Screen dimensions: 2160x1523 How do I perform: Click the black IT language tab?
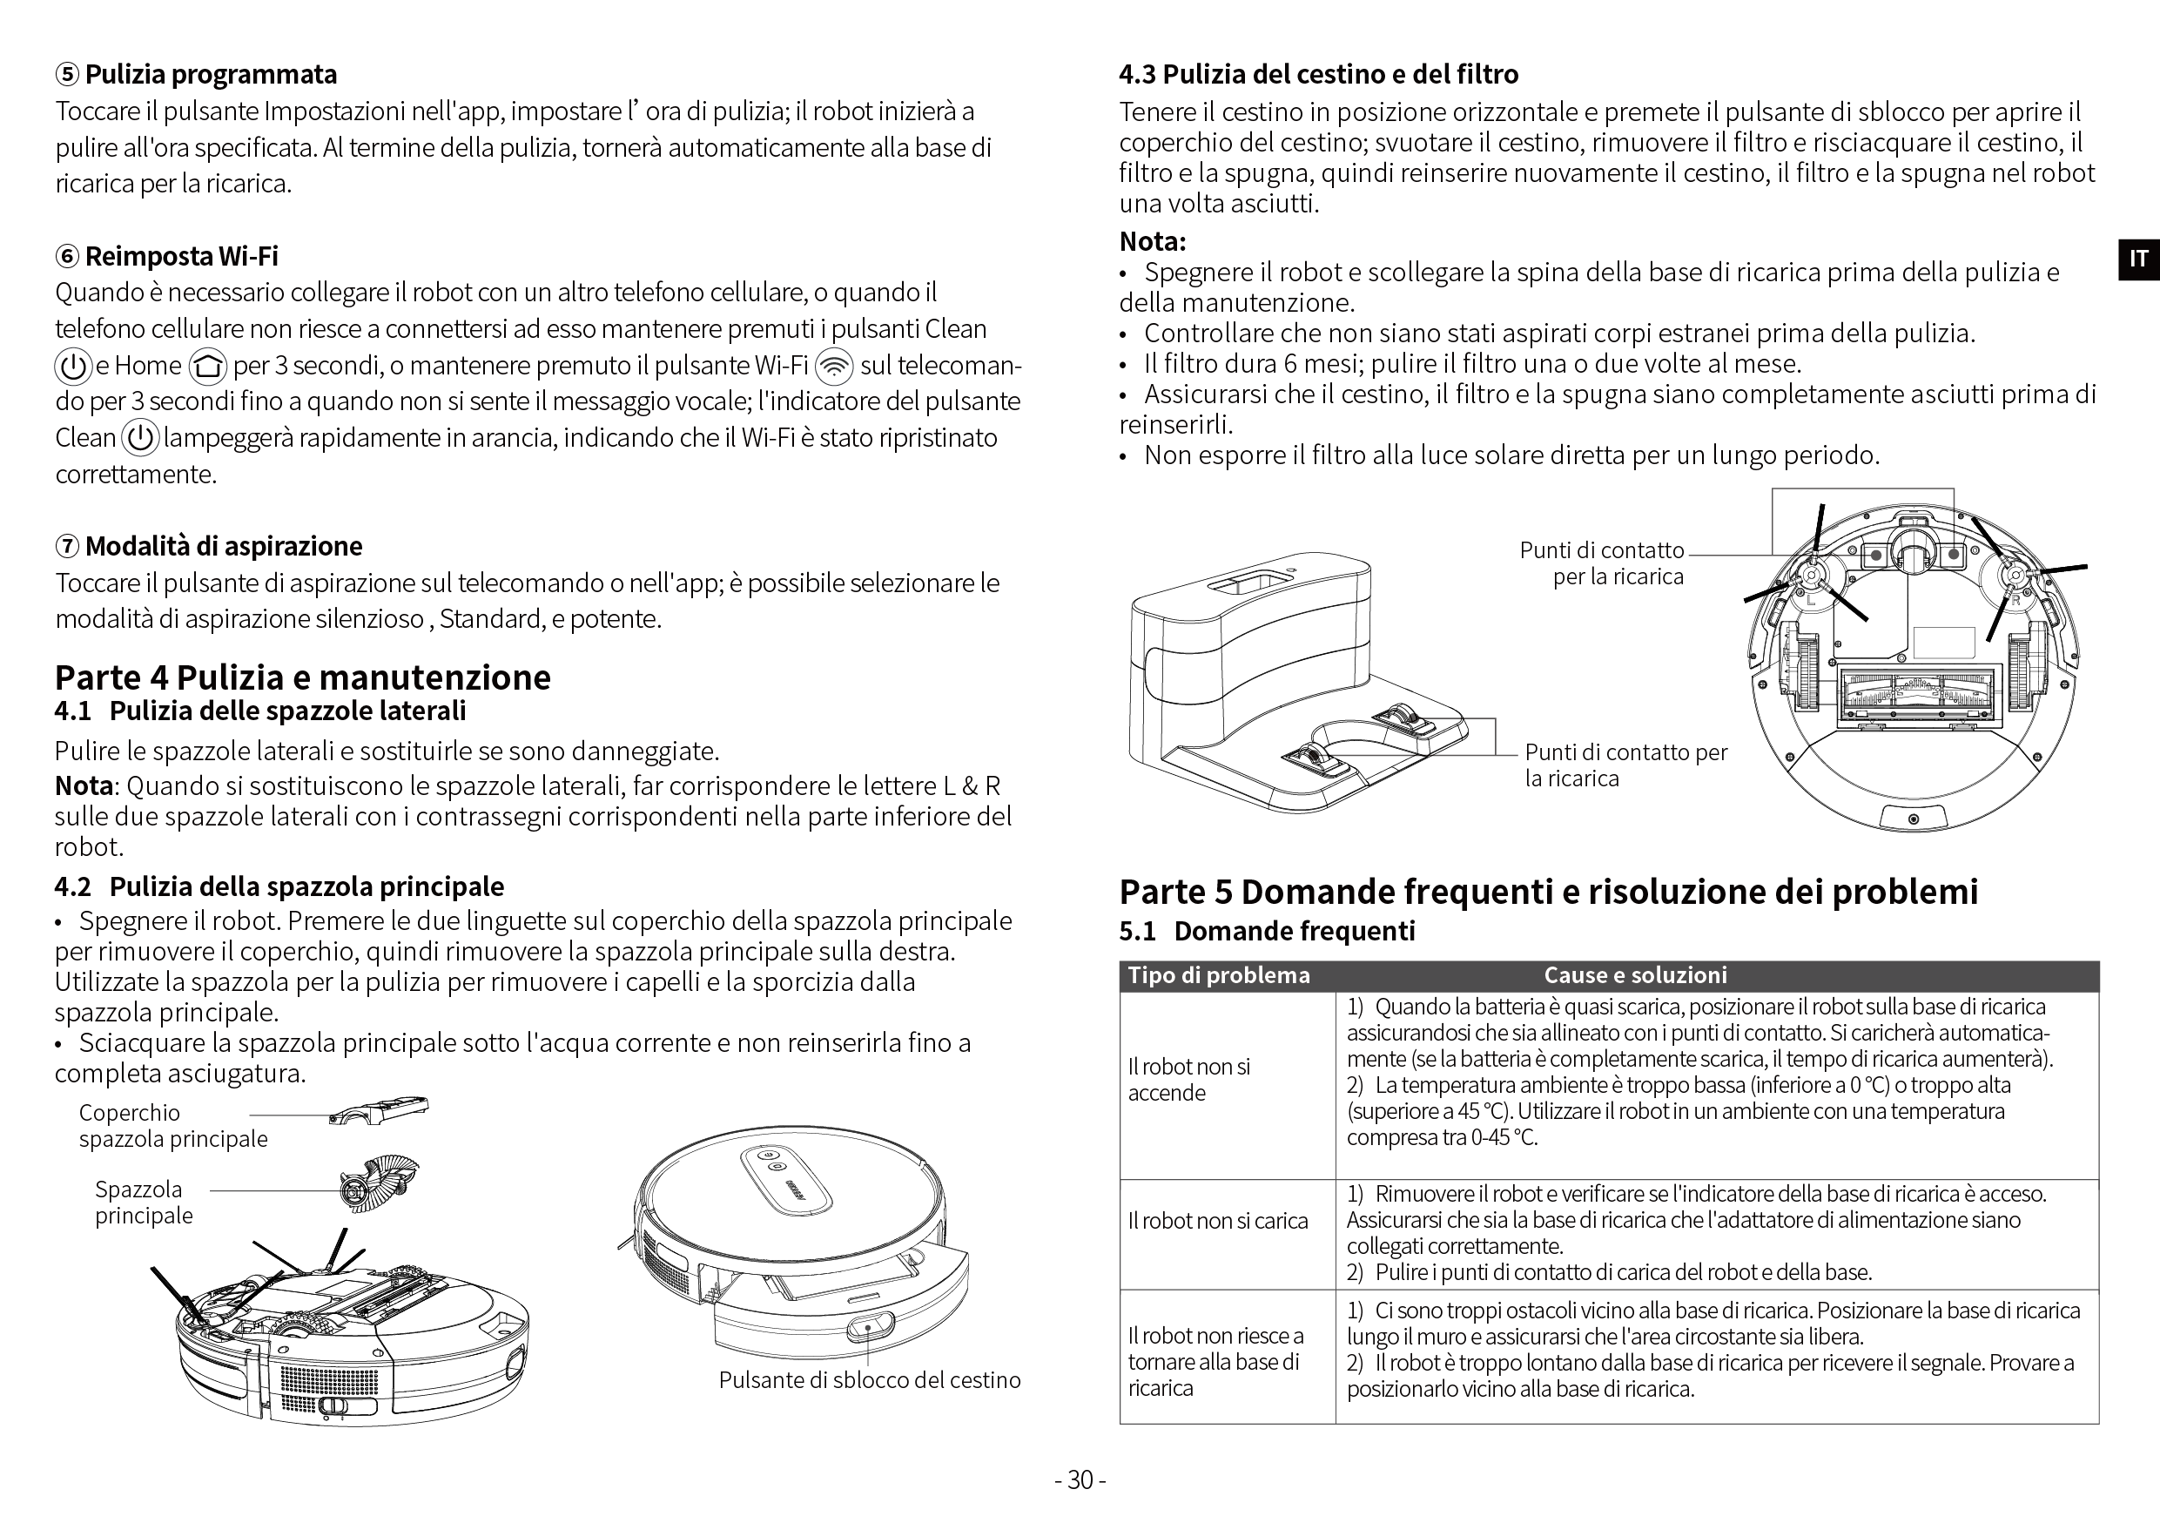point(2138,259)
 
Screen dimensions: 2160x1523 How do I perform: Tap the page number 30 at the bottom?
point(1080,1479)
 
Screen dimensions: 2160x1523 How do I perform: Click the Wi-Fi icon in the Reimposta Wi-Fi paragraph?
point(833,366)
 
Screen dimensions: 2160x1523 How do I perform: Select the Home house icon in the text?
point(207,366)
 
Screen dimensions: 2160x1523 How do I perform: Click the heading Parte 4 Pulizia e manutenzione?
point(303,677)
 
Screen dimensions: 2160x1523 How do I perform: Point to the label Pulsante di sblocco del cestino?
point(869,1380)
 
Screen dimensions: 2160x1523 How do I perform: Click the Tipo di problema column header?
point(1218,975)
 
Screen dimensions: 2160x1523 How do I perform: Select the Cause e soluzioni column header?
point(1635,975)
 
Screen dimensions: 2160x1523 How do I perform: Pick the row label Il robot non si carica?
point(1217,1221)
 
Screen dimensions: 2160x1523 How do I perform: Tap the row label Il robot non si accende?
point(1189,1080)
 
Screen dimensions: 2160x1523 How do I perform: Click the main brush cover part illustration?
point(379,1110)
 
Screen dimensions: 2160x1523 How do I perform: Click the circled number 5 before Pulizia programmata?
point(68,74)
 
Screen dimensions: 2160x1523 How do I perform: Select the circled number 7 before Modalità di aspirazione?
point(68,547)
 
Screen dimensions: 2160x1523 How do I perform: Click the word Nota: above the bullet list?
point(1153,242)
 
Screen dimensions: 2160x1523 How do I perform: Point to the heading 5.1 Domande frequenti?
point(1268,931)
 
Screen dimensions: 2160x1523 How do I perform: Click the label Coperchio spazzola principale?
point(173,1126)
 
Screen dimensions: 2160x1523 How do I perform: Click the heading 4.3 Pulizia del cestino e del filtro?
point(1319,74)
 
